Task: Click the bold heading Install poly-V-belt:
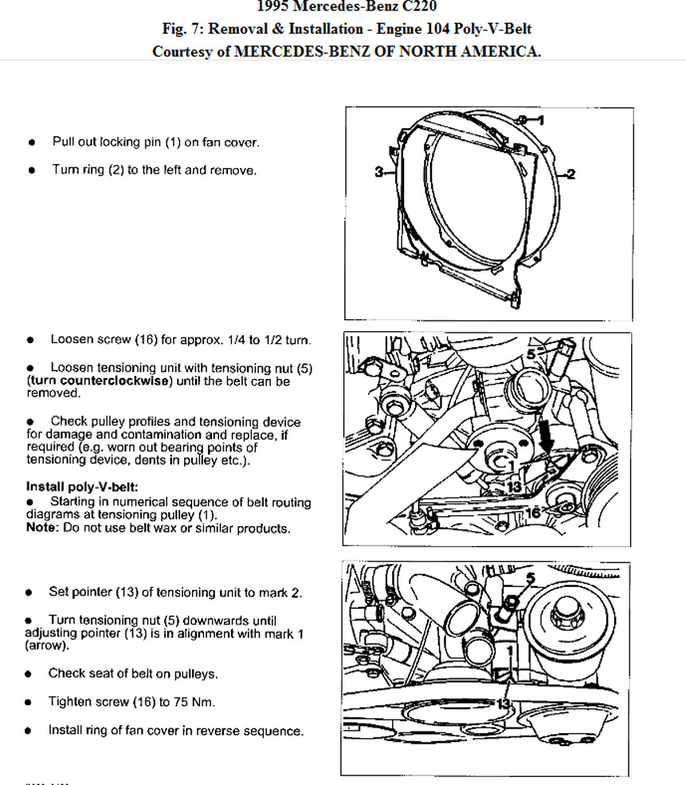[x=82, y=486]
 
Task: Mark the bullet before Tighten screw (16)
[x=29, y=702]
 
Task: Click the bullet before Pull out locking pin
[x=32, y=143]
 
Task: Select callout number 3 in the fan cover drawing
[x=379, y=170]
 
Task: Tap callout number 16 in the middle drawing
[x=534, y=514]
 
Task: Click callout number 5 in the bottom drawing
[x=531, y=576]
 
